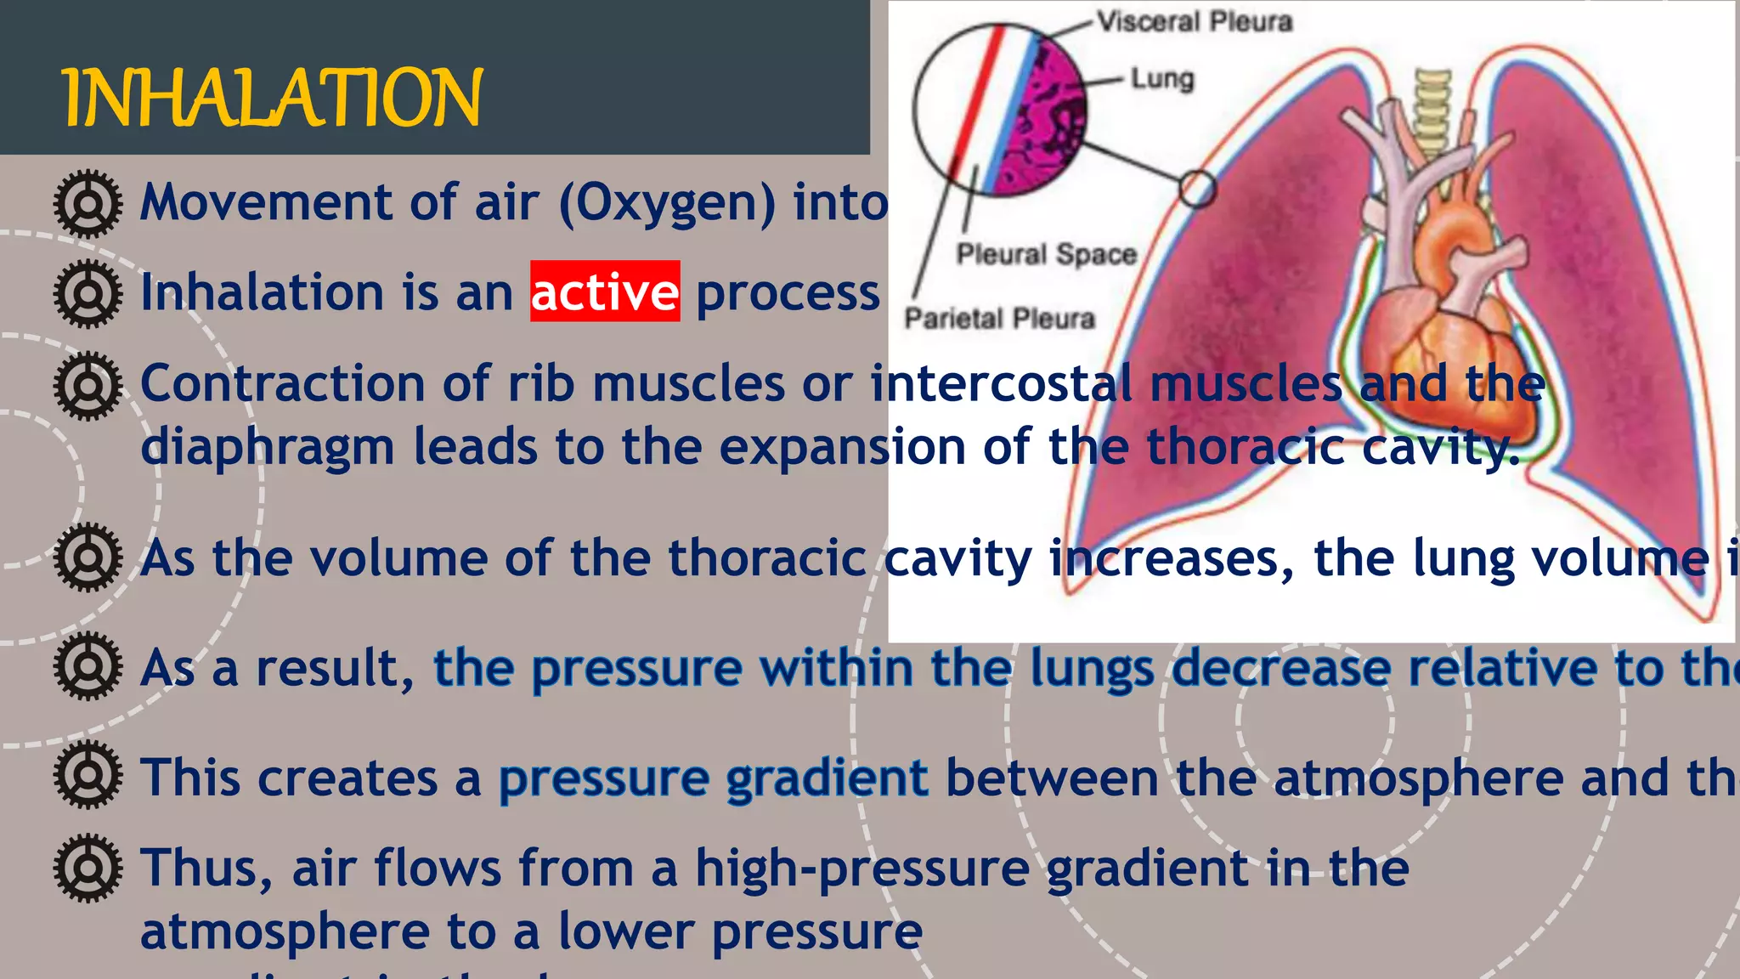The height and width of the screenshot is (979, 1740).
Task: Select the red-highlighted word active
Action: [604, 291]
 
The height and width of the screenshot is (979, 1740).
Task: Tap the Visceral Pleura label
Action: [1194, 21]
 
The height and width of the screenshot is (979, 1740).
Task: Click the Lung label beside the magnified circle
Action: [1161, 79]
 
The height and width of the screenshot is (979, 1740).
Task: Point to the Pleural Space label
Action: [1046, 253]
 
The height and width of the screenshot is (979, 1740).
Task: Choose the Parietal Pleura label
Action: [999, 318]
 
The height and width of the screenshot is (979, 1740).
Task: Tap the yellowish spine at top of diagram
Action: [1432, 110]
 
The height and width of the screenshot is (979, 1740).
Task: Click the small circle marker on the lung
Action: [1197, 189]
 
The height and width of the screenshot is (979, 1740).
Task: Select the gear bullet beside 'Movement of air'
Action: [88, 203]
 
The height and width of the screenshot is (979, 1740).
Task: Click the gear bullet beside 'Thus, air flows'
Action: [88, 868]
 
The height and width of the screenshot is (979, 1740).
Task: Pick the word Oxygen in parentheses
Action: [667, 203]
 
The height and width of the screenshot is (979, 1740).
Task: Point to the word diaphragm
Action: [268, 447]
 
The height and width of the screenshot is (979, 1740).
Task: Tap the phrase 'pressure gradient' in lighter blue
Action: [713, 778]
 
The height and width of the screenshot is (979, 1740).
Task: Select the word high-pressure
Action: [862, 868]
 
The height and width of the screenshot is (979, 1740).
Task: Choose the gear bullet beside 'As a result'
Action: [88, 666]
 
